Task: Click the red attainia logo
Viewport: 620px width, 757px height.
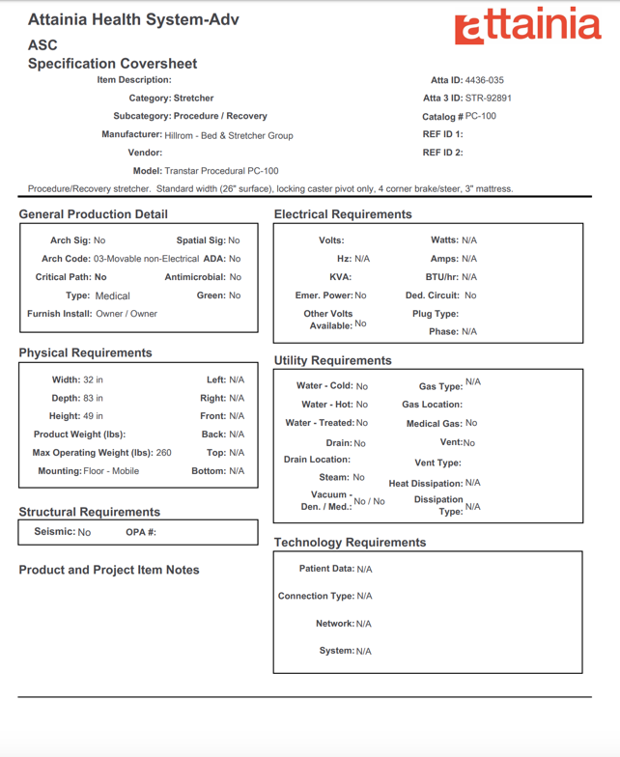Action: pyautogui.click(x=527, y=26)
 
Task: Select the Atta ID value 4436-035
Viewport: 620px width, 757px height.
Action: pyautogui.click(x=484, y=80)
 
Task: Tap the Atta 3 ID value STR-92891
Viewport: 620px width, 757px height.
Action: pyautogui.click(x=488, y=98)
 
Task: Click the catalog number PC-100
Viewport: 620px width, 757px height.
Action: pyautogui.click(x=481, y=116)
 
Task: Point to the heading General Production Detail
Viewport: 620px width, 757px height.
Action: pyautogui.click(x=93, y=214)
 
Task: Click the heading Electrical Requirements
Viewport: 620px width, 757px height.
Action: pyautogui.click(x=343, y=214)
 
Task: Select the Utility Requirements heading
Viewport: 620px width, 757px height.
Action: pyautogui.click(x=332, y=360)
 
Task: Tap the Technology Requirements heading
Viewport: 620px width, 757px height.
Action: pyautogui.click(x=350, y=543)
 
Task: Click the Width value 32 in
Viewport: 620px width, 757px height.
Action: pyautogui.click(x=93, y=380)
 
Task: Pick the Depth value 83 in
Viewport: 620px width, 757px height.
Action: pyautogui.click(x=93, y=398)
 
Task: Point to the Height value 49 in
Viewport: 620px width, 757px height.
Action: pyautogui.click(x=93, y=416)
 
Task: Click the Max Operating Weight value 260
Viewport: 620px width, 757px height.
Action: pyautogui.click(x=163, y=453)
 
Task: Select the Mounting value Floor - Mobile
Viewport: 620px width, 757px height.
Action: pyautogui.click(x=111, y=471)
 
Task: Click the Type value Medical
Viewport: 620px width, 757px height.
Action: pyautogui.click(x=112, y=296)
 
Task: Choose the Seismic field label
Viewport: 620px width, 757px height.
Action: pyautogui.click(x=54, y=532)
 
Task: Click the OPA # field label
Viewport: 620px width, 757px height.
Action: pyautogui.click(x=141, y=532)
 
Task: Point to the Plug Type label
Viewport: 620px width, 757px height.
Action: pyautogui.click(x=435, y=314)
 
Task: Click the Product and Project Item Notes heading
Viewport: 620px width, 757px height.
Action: pyautogui.click(x=109, y=571)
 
